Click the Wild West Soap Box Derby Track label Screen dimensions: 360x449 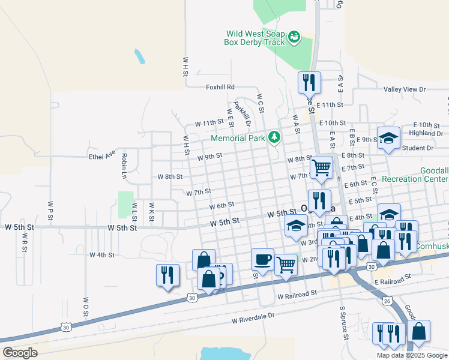pyautogui.click(x=255, y=38)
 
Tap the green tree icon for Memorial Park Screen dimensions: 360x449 pyautogui.click(x=274, y=137)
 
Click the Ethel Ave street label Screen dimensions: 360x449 pyautogui.click(x=101, y=155)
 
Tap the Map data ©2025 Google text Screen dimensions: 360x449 pyautogui.click(x=411, y=355)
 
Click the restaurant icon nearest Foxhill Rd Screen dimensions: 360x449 pyautogui.click(x=309, y=82)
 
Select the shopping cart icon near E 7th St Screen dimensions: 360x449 pyautogui.click(x=321, y=167)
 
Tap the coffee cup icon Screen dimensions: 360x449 pyautogui.click(x=262, y=259)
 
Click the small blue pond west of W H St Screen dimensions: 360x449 pyautogui.click(x=139, y=57)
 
